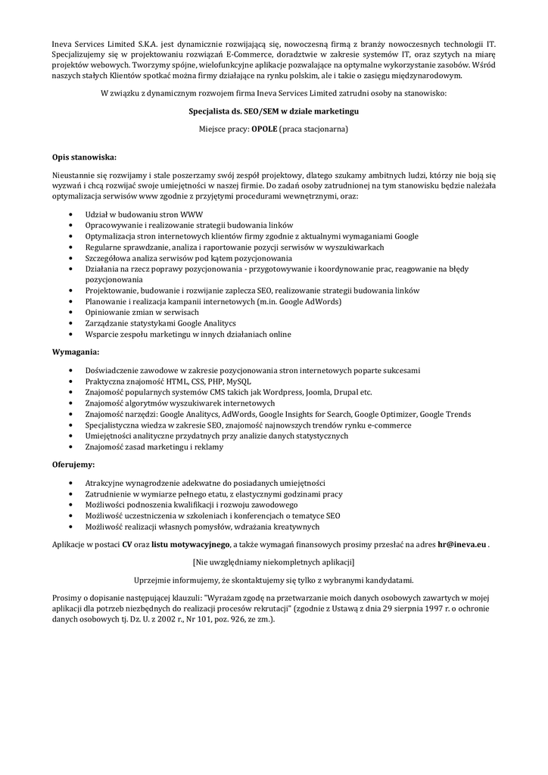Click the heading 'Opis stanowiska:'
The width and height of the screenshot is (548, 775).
click(x=84, y=157)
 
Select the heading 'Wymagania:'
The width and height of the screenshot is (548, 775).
click(x=75, y=352)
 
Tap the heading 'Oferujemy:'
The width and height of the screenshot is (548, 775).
click(x=73, y=464)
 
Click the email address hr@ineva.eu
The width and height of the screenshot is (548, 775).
click(x=462, y=544)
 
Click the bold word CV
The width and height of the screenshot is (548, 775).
click(x=127, y=544)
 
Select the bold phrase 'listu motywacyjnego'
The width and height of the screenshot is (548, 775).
click(x=191, y=544)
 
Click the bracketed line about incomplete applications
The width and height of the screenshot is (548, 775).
click(x=273, y=562)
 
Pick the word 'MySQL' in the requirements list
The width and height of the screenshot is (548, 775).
click(x=238, y=381)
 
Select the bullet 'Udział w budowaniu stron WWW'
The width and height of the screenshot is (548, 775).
click(x=139, y=214)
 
